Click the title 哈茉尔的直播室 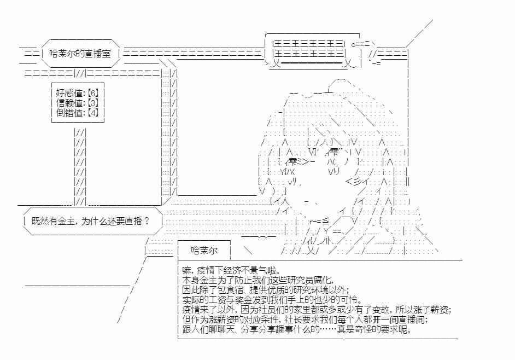click(x=80, y=54)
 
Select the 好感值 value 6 click(x=93, y=93)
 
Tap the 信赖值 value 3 click(x=93, y=103)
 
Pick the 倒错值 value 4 click(x=93, y=113)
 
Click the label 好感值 click(x=69, y=93)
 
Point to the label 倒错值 click(x=69, y=113)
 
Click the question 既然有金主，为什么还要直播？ click(x=91, y=221)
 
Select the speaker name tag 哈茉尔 click(x=204, y=251)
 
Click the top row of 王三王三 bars click(x=309, y=44)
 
